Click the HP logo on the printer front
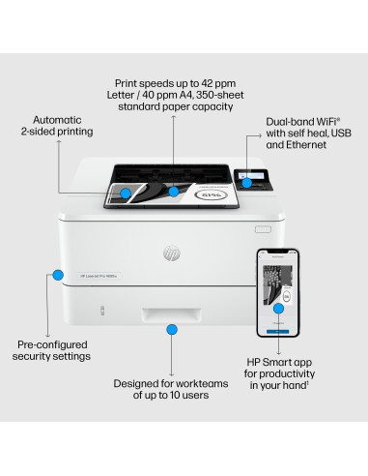pos(172,253)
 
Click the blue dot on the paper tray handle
pos(172,330)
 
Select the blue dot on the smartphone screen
pos(278,308)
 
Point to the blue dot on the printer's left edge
pos(58,275)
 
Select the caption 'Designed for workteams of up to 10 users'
pos(172,390)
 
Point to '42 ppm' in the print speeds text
pos(213,84)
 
